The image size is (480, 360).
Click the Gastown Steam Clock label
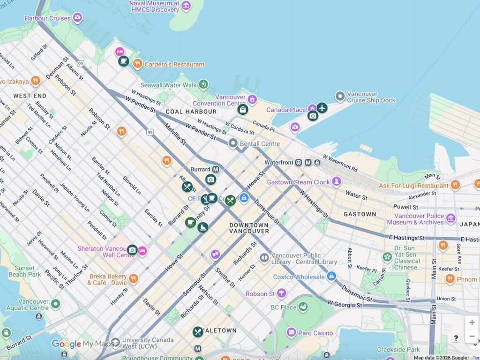coord(299,182)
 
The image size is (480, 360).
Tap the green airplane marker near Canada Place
coord(322,108)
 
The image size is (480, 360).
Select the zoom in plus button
coord(472,322)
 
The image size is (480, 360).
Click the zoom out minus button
coord(472,336)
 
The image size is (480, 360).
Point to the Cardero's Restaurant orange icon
coord(137,63)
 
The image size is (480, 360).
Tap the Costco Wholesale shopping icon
coord(331,277)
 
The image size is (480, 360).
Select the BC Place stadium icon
coord(303,307)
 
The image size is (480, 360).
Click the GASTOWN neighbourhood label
coord(360,214)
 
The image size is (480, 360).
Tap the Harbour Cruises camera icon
coord(77,18)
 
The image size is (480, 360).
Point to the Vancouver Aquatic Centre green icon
coord(56,304)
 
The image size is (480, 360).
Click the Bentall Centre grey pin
coord(233,143)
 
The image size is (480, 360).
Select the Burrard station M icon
coord(216,169)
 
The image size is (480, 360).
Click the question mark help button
coord(456,338)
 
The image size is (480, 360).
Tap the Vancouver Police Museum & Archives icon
coord(450,218)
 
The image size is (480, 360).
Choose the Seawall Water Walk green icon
coord(203,85)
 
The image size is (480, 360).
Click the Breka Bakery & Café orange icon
coord(134,279)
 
